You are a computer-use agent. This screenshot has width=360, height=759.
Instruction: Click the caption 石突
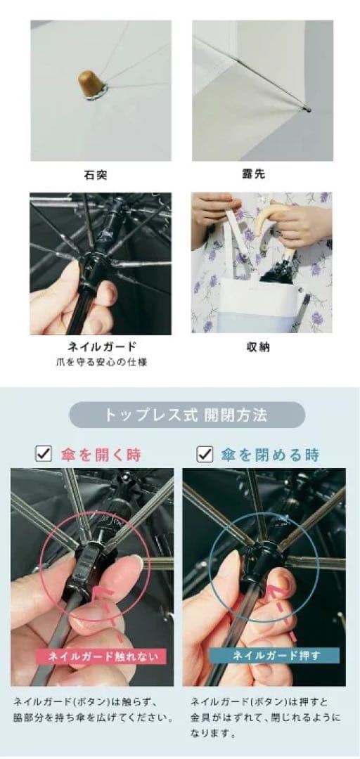pyautogui.click(x=100, y=173)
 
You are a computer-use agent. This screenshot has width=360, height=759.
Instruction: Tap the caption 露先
pyautogui.click(x=262, y=173)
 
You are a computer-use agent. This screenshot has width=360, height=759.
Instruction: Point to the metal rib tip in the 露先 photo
pyautogui.click(x=307, y=109)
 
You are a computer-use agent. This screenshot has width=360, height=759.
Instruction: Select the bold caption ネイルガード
pyautogui.click(x=100, y=346)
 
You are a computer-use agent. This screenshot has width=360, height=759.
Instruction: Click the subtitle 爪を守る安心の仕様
pyautogui.click(x=100, y=362)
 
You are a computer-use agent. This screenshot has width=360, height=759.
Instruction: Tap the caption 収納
pyautogui.click(x=262, y=346)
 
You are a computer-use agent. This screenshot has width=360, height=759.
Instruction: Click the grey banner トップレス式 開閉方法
pyautogui.click(x=186, y=415)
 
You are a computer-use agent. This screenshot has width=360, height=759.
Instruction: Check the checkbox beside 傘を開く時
pyautogui.click(x=43, y=454)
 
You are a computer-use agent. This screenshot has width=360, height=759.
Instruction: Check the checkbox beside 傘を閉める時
pyautogui.click(x=205, y=454)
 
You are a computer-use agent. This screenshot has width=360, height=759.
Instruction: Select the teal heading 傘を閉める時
pyautogui.click(x=270, y=455)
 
